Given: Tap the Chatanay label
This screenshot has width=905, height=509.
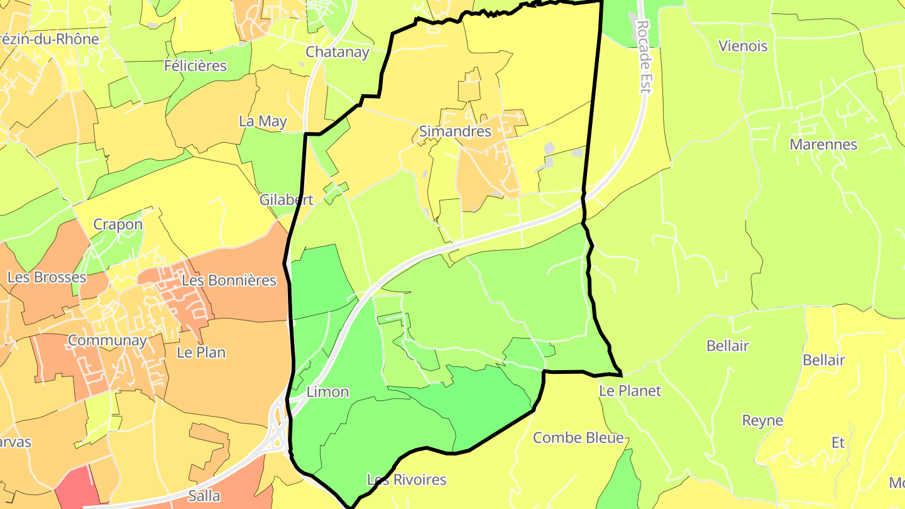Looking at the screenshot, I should coord(337,52).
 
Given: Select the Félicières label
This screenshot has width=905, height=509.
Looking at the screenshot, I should coord(195,65).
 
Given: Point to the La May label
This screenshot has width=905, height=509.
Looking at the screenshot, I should coord(263,121).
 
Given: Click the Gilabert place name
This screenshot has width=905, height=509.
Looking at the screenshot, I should coord(286,200).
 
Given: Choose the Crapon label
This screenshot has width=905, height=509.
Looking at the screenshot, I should coord(118,224).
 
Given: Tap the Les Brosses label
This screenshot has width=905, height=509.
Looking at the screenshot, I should coord(47,277).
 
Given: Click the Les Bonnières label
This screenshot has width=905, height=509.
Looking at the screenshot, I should coord(229,280).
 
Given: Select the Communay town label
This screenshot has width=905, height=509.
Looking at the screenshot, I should coord(107,341).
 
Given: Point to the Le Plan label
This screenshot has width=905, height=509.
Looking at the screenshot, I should coord(201,353).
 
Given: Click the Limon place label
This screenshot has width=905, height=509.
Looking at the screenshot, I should coord(327,392).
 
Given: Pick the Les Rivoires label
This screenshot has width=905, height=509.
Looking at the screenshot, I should coord(406,479).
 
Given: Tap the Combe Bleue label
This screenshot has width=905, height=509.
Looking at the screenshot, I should coord(578,438).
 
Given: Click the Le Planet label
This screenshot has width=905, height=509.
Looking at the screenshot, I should coord(630,391).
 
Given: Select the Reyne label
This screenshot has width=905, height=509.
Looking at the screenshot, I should coord(762,420).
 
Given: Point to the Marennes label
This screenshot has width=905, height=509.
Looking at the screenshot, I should coord(823,145).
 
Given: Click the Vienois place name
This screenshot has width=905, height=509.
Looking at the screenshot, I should coord(743,46).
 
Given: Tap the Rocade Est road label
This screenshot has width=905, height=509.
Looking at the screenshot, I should coord(642,57).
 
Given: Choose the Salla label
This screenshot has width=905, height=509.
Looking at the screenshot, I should coord(204,496).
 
